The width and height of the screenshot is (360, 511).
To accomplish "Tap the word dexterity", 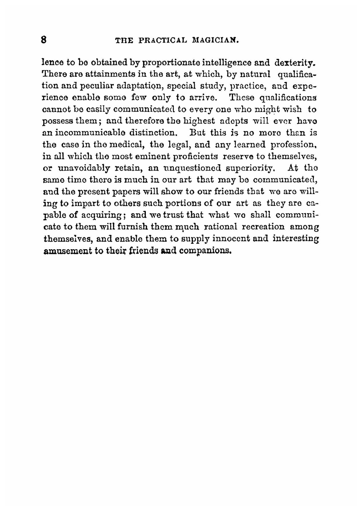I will tap(295, 63).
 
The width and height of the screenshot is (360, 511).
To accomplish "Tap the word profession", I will tap(293, 145).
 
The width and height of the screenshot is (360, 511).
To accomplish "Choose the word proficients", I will tap(195, 156).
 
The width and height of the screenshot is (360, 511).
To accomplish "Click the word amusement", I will tap(67, 251).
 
